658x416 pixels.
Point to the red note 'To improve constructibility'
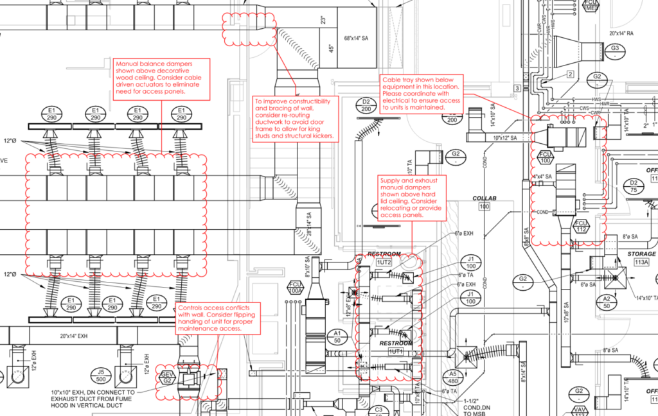295,119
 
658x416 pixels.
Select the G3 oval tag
615,49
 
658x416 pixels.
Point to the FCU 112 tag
582,227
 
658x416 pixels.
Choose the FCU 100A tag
296,288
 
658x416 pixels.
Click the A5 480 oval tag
453,377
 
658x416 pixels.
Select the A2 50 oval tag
606,302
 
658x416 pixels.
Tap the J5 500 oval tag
100,375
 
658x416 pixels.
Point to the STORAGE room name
641,254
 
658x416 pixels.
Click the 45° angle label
331,47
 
